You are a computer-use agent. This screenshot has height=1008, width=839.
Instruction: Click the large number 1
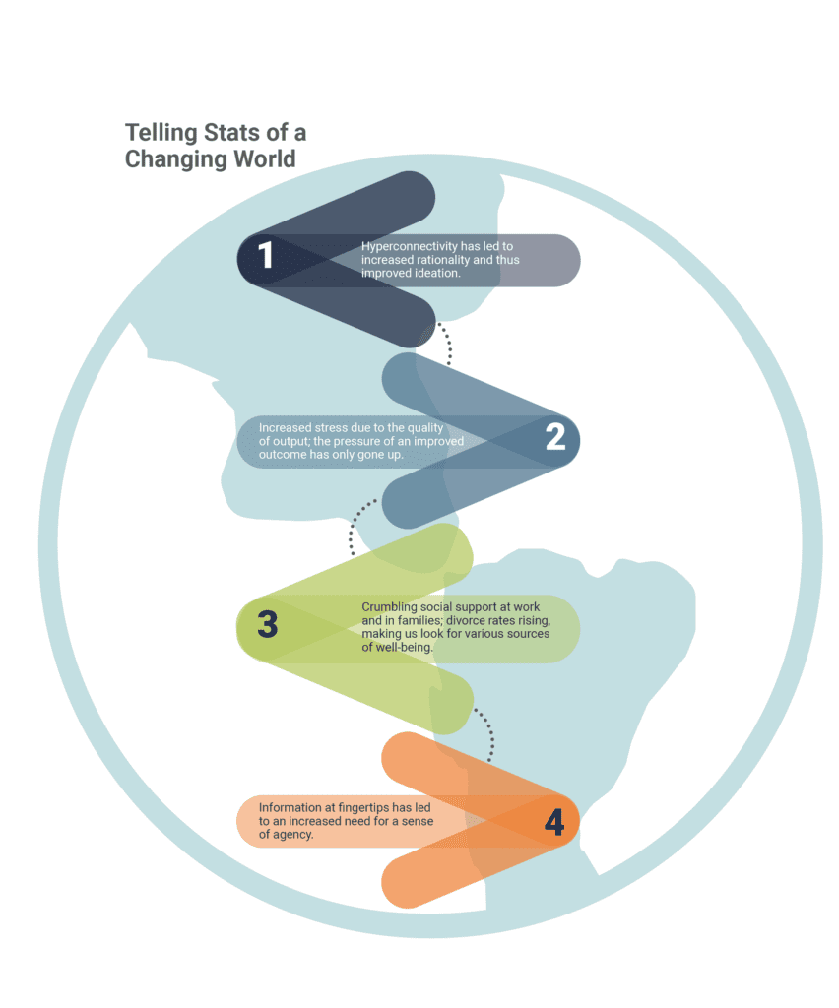pos(265,255)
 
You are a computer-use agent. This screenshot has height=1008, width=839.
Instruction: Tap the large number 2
pos(555,436)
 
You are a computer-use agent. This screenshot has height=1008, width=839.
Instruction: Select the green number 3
pos(268,623)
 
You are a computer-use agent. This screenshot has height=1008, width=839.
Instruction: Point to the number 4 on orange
pos(554,822)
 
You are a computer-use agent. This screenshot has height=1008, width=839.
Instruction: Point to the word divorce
pos(465,620)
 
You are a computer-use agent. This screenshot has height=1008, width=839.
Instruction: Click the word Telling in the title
pos(161,133)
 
